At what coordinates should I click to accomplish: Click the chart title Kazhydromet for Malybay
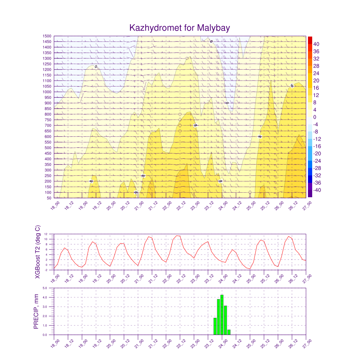tap(180, 28)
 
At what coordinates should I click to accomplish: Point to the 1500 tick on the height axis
tap(46, 36)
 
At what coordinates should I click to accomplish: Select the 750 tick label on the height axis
tap(47, 120)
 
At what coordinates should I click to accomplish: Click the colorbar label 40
tap(316, 44)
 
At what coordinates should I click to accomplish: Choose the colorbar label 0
tap(315, 117)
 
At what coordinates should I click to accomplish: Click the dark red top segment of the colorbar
tap(310, 40)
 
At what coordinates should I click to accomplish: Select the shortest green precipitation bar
tap(229, 332)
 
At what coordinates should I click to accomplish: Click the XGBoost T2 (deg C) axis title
tap(37, 252)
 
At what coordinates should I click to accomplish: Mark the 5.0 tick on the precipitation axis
tap(45, 288)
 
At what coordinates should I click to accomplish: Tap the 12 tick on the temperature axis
tap(46, 234)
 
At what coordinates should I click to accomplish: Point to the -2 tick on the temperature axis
tap(46, 270)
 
